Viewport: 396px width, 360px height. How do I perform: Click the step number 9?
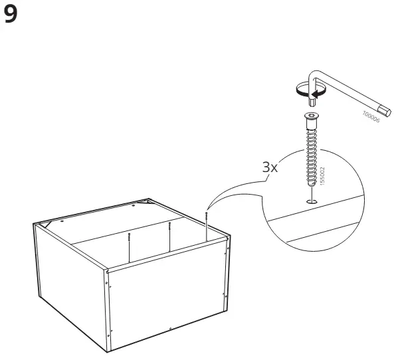(x=11, y=15)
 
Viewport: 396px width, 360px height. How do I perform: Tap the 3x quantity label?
(x=270, y=167)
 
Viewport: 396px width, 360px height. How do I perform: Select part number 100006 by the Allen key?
(x=371, y=117)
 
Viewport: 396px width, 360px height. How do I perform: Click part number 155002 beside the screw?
(x=322, y=176)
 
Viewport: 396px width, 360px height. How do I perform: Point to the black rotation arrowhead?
(x=314, y=94)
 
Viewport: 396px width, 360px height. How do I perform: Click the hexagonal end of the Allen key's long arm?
(x=385, y=111)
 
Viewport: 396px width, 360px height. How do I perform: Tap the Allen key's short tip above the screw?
(x=312, y=102)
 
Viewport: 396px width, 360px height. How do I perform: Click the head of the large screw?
(x=312, y=116)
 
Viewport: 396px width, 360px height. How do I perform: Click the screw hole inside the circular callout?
(x=312, y=201)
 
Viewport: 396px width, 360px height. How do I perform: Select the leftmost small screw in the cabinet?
(x=129, y=247)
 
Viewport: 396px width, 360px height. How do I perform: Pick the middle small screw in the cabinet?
(x=169, y=236)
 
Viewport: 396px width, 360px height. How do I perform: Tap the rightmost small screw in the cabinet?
(x=207, y=226)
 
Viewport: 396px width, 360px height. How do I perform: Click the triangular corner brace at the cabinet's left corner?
(x=46, y=224)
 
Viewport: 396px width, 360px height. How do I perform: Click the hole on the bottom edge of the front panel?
(x=170, y=328)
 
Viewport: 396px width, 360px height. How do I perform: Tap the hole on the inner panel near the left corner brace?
(x=62, y=221)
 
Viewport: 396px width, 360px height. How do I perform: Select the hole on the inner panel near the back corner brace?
(x=134, y=205)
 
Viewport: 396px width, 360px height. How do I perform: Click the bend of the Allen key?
(x=314, y=75)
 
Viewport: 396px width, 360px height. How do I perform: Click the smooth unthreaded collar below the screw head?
(x=312, y=124)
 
